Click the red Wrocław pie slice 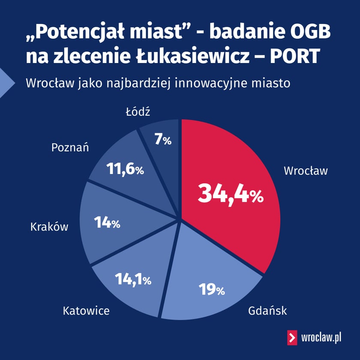[240, 163]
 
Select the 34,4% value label [230, 194]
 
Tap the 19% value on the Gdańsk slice [212, 290]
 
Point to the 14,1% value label [133, 280]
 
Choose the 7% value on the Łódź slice [163, 140]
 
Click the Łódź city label [138, 112]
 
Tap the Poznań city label [70, 148]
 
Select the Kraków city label [49, 227]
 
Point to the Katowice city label [86, 310]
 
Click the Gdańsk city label [267, 310]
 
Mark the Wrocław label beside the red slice [306, 171]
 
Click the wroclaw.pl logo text [321, 338]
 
